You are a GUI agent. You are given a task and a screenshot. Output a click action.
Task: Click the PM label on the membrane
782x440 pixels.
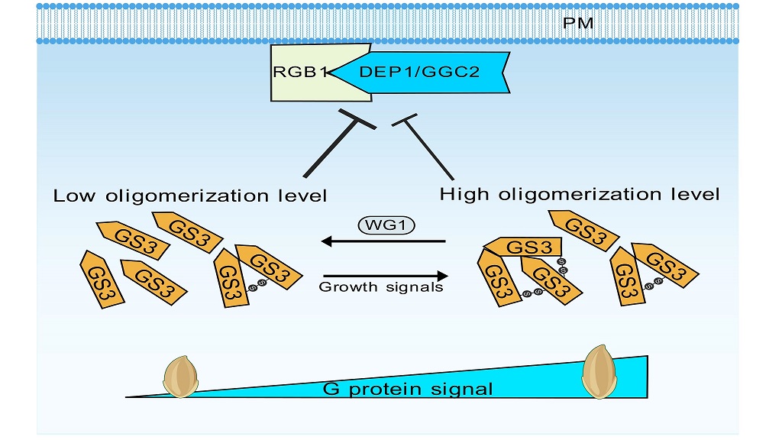[x=577, y=22]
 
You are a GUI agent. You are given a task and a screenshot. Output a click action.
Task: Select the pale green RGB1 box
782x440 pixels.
[x=294, y=73]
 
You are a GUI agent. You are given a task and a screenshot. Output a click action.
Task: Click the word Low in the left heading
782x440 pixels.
[x=73, y=196]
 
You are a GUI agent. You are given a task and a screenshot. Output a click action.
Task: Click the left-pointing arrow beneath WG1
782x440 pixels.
[x=382, y=242]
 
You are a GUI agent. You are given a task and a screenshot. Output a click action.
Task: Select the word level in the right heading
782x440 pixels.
[x=691, y=195]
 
